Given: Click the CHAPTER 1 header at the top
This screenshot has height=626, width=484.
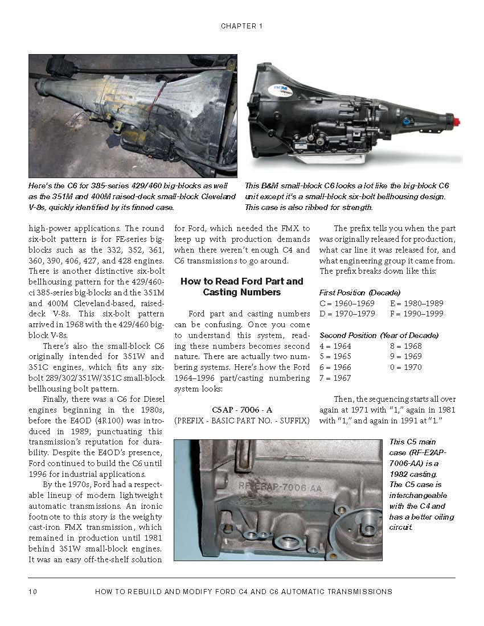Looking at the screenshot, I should [x=241, y=26].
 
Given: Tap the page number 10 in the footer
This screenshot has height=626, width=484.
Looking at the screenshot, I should [x=32, y=592].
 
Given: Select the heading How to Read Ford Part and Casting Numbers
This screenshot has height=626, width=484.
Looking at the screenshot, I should [x=242, y=287].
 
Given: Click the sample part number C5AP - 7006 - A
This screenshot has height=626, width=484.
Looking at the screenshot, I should [x=242, y=409].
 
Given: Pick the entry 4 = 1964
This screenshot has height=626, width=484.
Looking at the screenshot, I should [x=335, y=346].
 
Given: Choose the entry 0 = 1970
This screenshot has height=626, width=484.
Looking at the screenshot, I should [x=406, y=367].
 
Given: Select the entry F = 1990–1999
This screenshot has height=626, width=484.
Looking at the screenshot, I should [x=416, y=314].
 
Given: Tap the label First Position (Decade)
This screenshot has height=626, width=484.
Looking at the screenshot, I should [x=355, y=293].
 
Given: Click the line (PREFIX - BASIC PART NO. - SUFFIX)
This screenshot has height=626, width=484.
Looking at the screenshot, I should [x=242, y=421].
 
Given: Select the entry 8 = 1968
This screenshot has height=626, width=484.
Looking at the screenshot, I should [x=406, y=346].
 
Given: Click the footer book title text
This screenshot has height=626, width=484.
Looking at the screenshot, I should [x=244, y=592].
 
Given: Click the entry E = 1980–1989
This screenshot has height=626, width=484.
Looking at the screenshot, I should [x=416, y=303].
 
